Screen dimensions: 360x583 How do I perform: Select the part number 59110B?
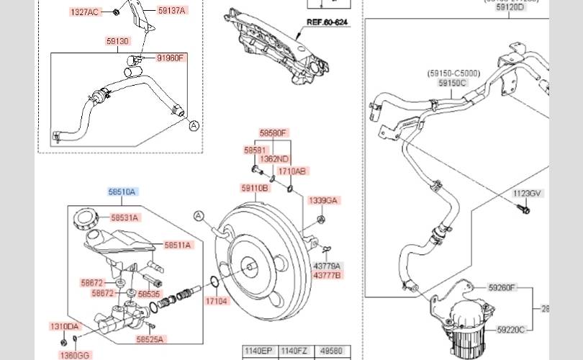pos(255,188)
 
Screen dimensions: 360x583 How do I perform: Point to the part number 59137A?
pos(172,10)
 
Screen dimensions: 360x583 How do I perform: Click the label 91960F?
pos(172,58)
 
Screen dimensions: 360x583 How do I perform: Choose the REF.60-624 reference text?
pos(327,23)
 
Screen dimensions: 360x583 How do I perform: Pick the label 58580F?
pos(274,133)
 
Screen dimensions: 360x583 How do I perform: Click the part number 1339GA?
pos(322,199)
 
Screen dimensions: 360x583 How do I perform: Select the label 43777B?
pos(327,275)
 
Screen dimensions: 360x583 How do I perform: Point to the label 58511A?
pos(178,246)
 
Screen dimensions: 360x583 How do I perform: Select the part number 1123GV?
pos(528,193)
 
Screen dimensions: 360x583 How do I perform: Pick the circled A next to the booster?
pos(199,215)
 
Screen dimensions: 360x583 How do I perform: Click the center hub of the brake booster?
pos(251,267)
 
